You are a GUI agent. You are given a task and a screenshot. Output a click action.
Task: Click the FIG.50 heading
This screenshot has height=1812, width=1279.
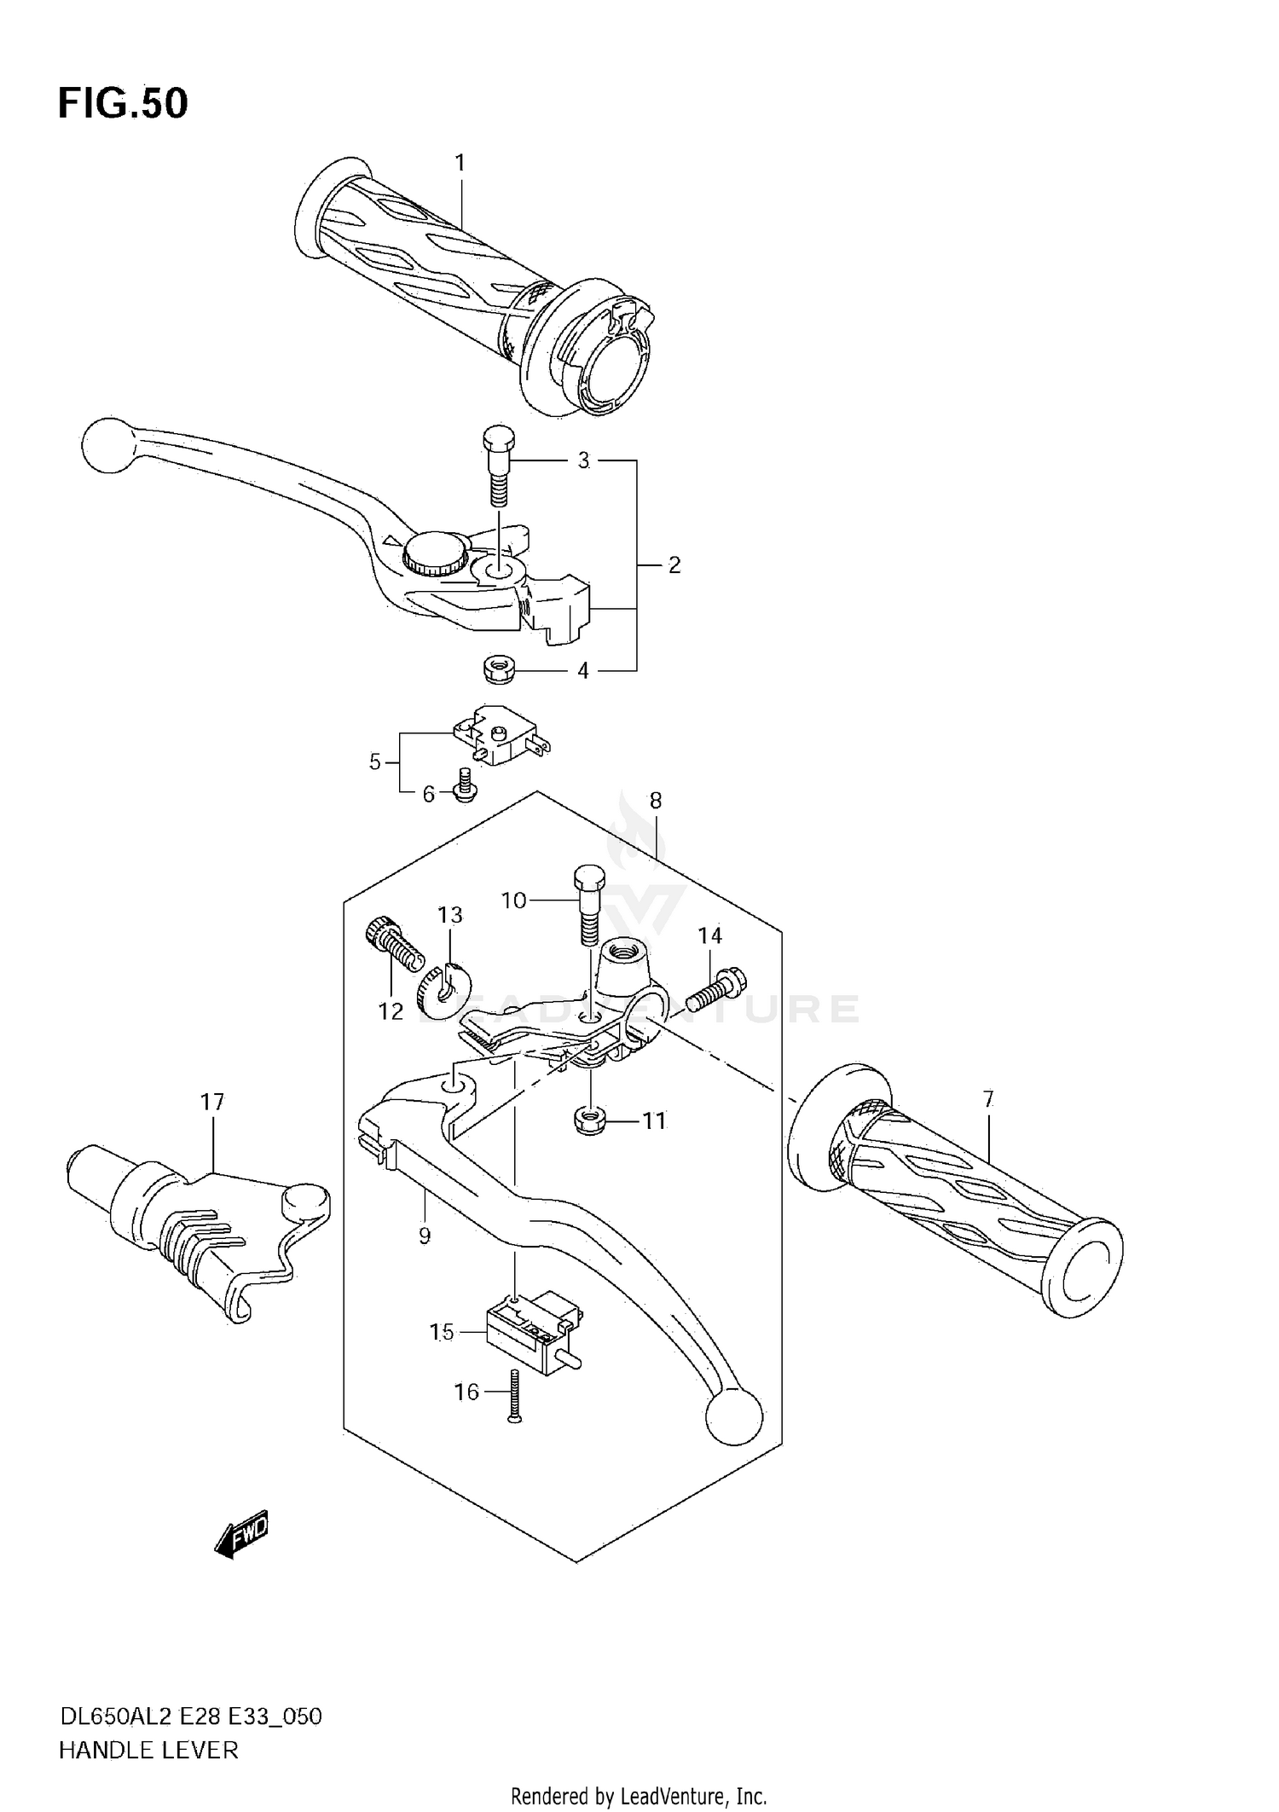(x=123, y=103)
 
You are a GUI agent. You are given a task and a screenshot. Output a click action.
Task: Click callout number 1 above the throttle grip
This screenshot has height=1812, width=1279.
(x=460, y=162)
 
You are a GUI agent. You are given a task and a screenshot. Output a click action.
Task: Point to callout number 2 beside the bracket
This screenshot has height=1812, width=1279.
(x=674, y=564)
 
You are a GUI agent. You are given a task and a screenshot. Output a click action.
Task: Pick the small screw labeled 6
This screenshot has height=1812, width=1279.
(x=465, y=784)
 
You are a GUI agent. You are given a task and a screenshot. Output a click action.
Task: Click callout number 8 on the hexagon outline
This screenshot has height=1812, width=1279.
(x=655, y=800)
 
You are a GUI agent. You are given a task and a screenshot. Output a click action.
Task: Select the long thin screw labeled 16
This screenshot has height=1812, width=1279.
(x=513, y=1395)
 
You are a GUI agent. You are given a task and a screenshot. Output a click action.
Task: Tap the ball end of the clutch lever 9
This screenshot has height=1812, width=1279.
(x=733, y=1417)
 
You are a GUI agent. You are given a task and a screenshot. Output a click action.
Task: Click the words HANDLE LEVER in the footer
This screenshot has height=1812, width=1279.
(x=148, y=1751)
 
